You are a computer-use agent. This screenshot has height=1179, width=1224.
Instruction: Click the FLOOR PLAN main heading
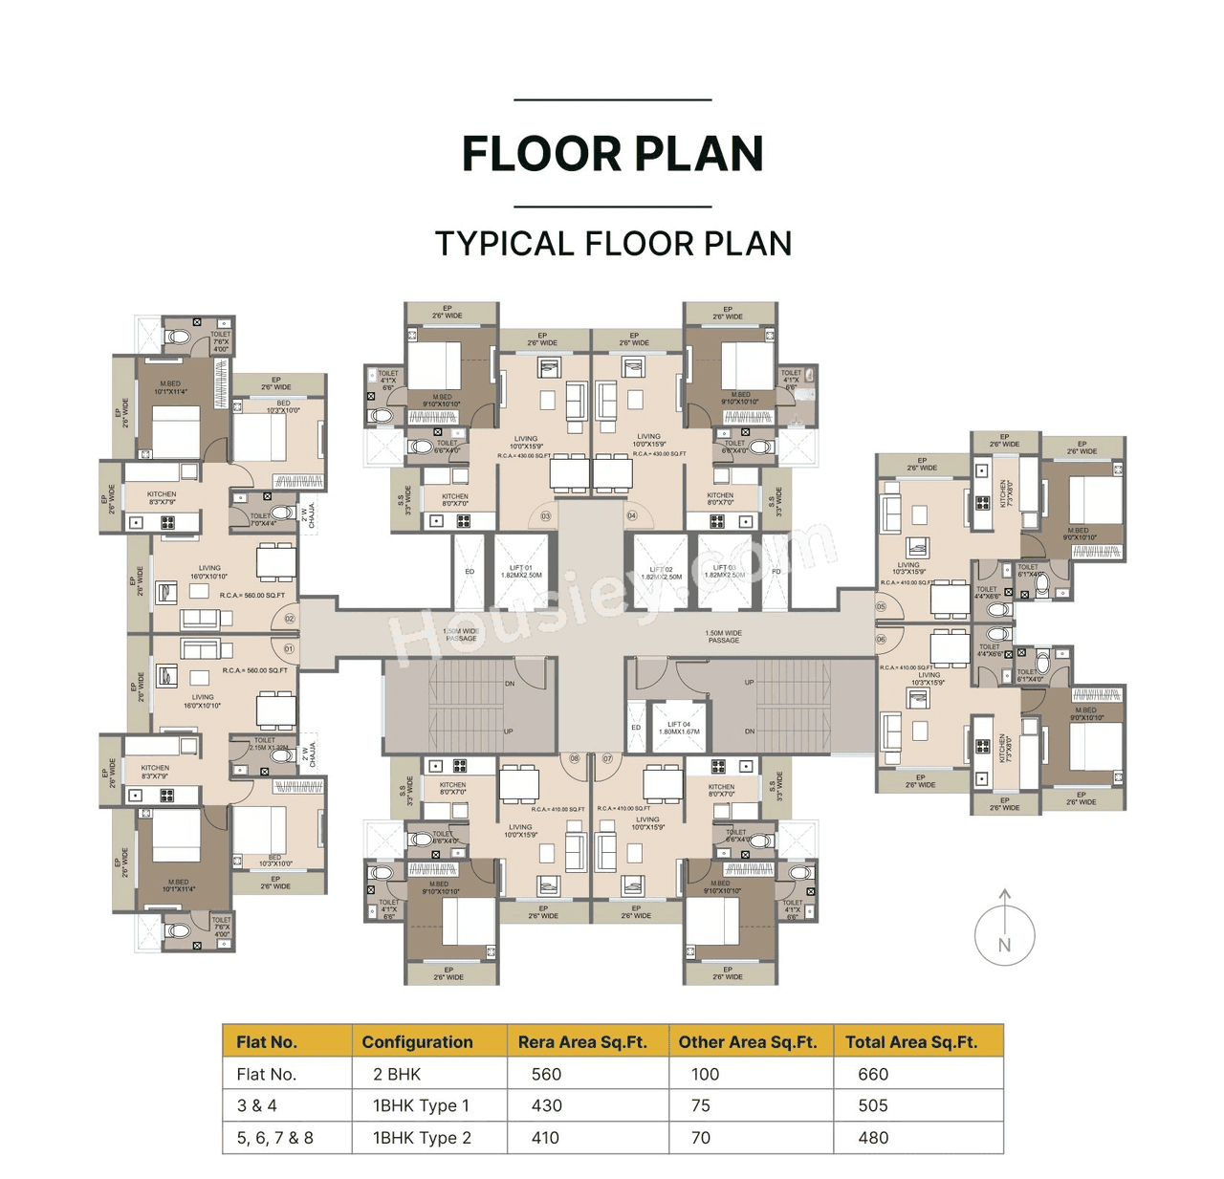coord(612,154)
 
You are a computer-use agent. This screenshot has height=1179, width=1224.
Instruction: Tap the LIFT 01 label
coord(521,572)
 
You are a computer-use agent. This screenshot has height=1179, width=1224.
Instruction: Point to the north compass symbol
coord(1004,933)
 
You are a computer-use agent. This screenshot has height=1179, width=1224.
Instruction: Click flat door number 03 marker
coord(546,516)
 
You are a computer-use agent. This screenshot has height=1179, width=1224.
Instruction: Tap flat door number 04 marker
coord(631,516)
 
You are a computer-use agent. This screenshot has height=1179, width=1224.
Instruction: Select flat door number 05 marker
coord(881,607)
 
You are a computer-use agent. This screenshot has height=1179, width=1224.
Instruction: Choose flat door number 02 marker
coord(289,620)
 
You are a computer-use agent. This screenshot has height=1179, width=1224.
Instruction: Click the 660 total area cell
coord(873,1074)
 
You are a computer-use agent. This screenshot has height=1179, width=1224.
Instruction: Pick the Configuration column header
coord(417,1042)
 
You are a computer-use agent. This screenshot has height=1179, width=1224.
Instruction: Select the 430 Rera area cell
coord(546,1105)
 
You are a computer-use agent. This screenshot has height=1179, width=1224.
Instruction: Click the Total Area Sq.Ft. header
coord(910,1042)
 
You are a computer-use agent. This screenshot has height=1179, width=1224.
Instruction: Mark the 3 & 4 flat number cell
coord(257,1105)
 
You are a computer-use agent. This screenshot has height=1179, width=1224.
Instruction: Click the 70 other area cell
coord(701,1138)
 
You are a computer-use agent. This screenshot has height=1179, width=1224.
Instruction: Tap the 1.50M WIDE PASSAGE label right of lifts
coord(724,636)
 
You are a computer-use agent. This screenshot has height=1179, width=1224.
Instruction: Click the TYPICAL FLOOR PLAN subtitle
coord(613,244)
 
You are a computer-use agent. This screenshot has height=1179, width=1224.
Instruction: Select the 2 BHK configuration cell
coord(397,1074)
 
